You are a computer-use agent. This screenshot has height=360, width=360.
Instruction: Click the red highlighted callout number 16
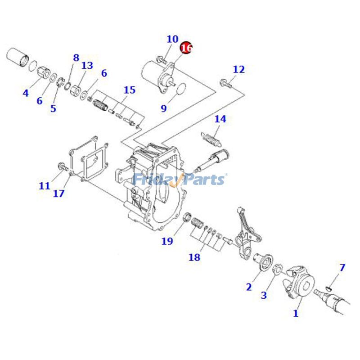[x=186, y=47]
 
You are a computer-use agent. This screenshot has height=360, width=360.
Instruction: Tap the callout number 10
[x=172, y=40]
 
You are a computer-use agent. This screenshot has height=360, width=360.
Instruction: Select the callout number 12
[x=238, y=69]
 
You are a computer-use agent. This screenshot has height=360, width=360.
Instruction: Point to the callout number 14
[x=220, y=119]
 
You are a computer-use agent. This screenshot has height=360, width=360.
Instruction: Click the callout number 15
[x=129, y=90]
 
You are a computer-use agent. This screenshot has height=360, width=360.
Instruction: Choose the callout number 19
[x=167, y=241]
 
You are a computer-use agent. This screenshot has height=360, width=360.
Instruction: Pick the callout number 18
[x=194, y=257]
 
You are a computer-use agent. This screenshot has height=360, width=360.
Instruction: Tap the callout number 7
[x=342, y=268]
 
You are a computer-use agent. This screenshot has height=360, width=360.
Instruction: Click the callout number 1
[x=296, y=314]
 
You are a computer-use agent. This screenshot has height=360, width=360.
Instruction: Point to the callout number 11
[x=44, y=185]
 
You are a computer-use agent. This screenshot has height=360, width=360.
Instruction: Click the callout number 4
[x=26, y=94]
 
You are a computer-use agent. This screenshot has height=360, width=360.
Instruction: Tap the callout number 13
[x=87, y=66]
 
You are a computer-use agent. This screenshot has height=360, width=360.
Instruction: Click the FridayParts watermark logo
[x=180, y=180]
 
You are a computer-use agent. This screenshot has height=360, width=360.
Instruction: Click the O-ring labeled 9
[x=178, y=90]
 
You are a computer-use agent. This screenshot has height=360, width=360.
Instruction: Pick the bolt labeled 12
[x=225, y=82]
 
